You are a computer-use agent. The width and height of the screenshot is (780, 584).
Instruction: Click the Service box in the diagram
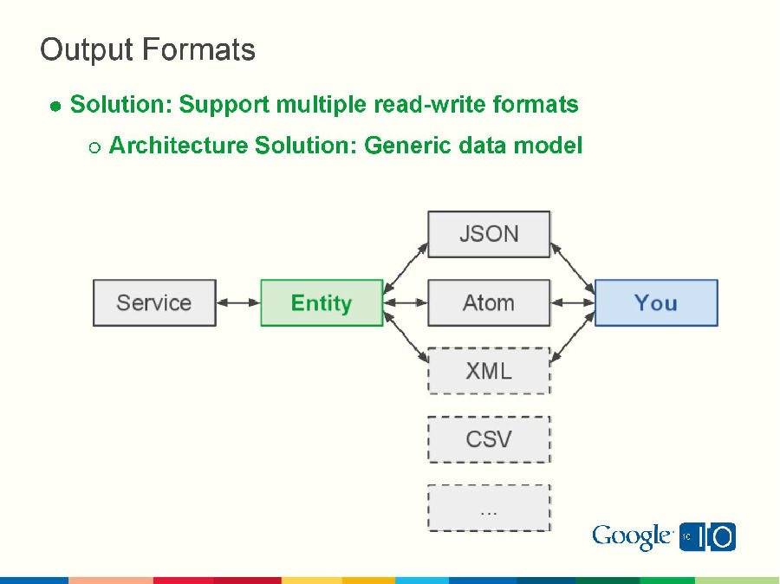154,302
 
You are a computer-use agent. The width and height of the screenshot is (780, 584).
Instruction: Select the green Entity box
322,302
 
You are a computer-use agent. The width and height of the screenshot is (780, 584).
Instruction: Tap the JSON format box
489,234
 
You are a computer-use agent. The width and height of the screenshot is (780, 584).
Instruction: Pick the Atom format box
489,302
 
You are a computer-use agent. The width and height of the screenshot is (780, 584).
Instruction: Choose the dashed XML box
489,371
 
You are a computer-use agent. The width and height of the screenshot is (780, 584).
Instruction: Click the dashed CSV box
489,439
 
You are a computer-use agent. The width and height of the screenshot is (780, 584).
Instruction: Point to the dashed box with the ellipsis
489,508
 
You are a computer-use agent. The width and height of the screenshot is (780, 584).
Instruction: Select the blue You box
656,302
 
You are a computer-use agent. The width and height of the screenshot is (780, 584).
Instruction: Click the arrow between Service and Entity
238,302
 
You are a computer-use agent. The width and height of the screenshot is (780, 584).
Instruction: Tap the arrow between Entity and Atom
406,302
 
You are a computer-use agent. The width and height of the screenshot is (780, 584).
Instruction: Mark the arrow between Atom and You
573,302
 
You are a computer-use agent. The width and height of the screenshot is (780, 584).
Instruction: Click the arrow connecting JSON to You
573,268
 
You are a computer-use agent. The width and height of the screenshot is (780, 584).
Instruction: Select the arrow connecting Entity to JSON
406,268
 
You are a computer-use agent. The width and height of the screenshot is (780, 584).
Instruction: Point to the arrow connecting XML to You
573,337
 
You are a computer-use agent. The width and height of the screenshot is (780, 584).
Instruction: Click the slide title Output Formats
147,50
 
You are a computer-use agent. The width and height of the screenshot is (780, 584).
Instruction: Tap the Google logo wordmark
632,537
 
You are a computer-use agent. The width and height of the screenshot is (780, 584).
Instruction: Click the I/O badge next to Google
708,537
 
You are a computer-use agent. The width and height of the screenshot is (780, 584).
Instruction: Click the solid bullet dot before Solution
55,107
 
